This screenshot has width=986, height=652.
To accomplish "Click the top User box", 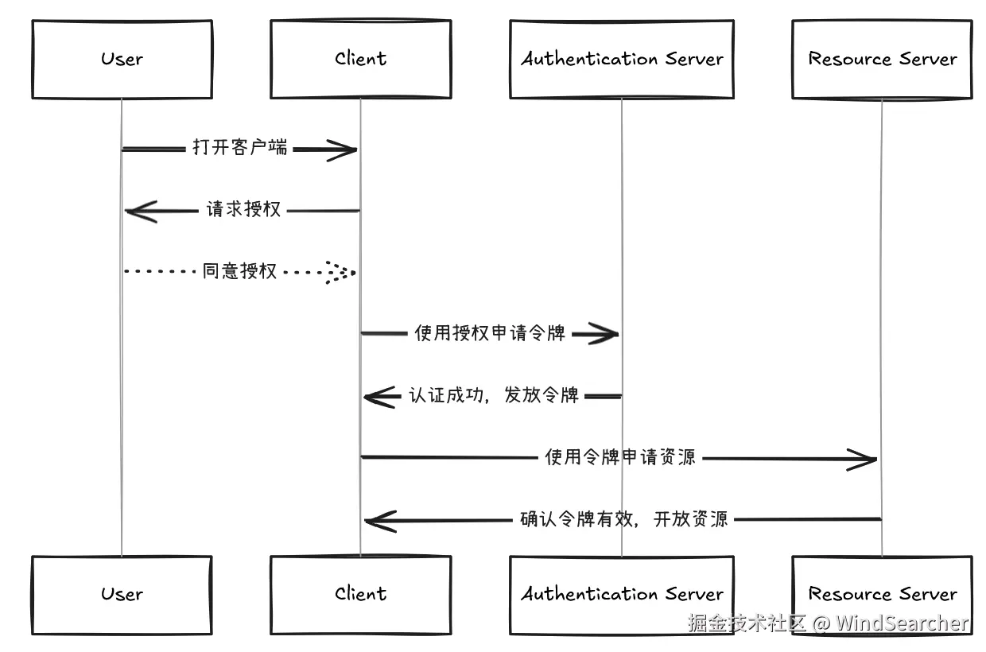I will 122,59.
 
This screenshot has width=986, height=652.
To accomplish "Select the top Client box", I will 360,59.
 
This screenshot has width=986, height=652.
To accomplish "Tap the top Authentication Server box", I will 621,59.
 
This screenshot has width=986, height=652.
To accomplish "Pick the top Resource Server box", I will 882,59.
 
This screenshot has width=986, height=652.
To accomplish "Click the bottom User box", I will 122,594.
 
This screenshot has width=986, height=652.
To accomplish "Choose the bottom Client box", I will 360,594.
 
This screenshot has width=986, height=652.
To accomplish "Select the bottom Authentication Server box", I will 621,594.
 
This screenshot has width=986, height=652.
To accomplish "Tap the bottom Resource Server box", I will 882,594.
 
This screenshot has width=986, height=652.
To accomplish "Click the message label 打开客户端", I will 239,148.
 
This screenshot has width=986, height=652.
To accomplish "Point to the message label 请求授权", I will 243,210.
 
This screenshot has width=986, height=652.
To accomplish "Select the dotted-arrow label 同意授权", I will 239,271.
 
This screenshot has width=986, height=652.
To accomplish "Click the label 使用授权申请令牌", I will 490,333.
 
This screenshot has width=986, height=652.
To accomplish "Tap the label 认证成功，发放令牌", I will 494,395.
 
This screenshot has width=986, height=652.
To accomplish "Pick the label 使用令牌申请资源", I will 620,457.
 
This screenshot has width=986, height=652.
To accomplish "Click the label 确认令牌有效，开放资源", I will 624,519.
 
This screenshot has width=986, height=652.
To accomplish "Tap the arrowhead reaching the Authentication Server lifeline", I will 604,335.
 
